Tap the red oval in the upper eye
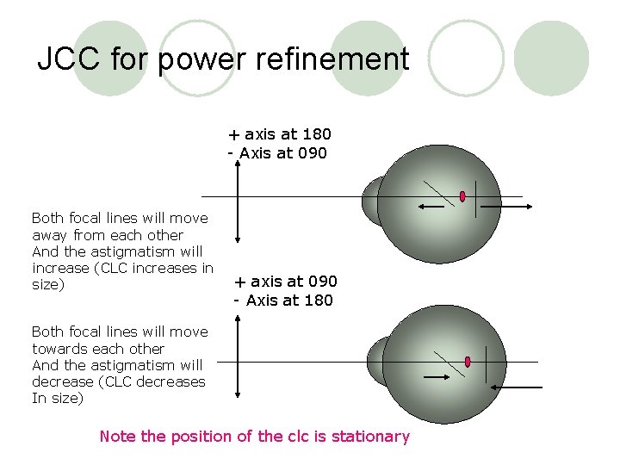point(462,196)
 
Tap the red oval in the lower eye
point(468,362)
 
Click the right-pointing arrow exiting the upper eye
point(507,208)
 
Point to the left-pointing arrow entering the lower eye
point(520,388)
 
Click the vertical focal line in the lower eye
point(487,362)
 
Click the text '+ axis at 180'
point(279,134)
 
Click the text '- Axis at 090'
point(277,153)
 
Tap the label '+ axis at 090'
point(285,282)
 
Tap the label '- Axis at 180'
point(283,301)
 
